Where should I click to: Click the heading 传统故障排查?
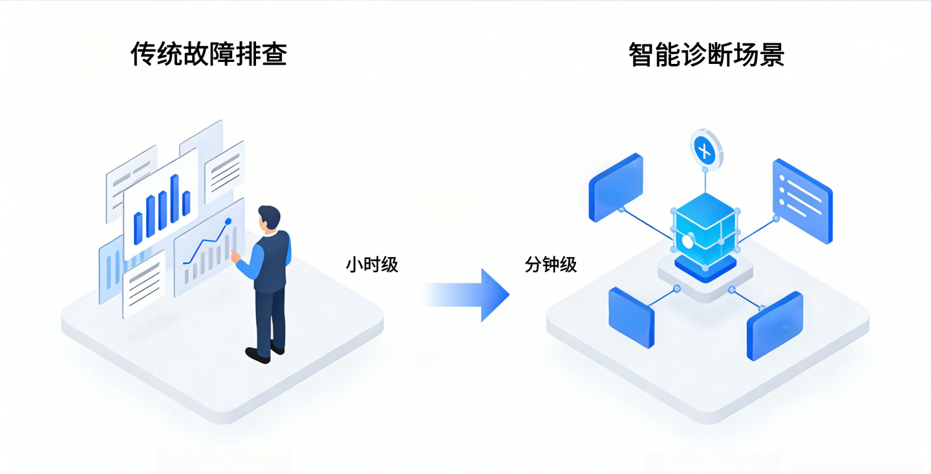[x=209, y=54]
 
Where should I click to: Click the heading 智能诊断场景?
[x=706, y=54]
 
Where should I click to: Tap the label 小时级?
[x=372, y=265]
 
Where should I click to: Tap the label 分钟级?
[x=550, y=265]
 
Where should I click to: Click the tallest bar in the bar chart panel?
[x=175, y=198]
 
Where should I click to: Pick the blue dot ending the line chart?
[x=228, y=222]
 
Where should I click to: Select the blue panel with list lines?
[x=802, y=200]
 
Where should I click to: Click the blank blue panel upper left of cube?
[x=615, y=187]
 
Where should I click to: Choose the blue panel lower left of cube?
[x=631, y=317]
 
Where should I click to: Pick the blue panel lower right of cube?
[x=775, y=326]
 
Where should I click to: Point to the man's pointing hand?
[x=235, y=256]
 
